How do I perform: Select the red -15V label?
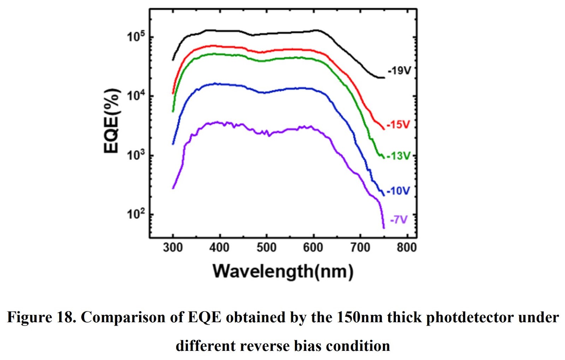398,125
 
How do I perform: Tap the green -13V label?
399,156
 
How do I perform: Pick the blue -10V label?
398,191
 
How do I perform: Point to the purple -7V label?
399,220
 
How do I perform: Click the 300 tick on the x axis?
173,248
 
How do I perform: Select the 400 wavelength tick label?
219,248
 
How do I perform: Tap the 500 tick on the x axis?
266,248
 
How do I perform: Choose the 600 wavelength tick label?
313,248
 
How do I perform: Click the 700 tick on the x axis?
360,248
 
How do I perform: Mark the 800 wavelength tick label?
406,248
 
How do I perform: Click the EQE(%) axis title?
112,121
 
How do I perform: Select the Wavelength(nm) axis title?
283,271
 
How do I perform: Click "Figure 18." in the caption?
41,317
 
